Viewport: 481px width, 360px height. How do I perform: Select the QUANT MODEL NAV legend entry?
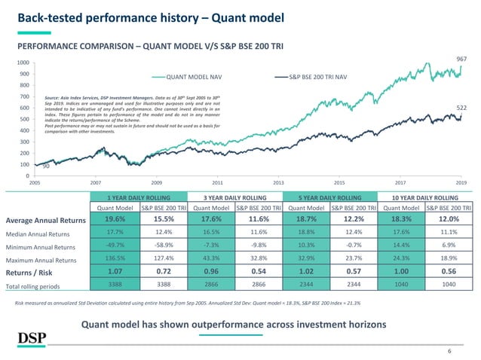tap(191, 76)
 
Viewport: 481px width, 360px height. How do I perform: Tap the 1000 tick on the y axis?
tap(23, 63)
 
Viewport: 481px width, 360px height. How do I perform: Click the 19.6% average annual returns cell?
tap(115, 219)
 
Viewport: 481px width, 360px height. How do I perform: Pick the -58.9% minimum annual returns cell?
tap(163, 246)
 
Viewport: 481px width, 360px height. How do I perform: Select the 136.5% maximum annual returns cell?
tap(115, 259)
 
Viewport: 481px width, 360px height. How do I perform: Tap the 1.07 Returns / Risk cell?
tap(115, 273)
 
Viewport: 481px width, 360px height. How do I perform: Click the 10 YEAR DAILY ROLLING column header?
tap(426, 197)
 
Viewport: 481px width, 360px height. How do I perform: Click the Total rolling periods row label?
tap(44, 287)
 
